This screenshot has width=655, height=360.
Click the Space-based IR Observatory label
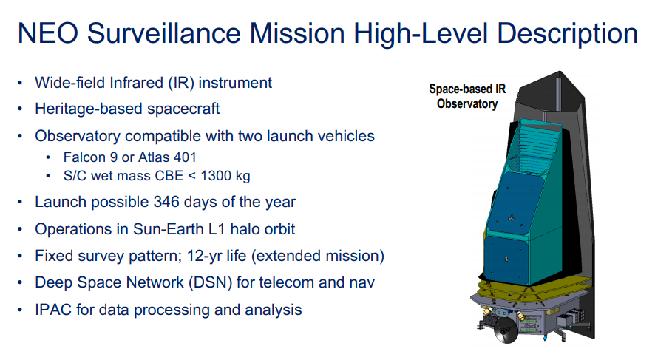pos(467,97)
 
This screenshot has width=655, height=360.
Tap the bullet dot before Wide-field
pos(21,83)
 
